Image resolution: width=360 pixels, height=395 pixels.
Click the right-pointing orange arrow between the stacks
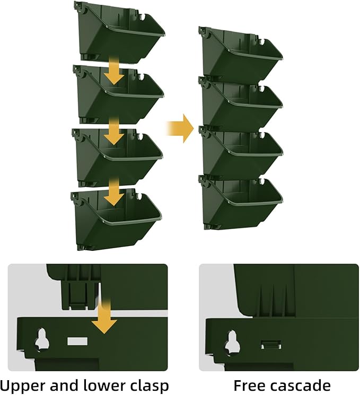click(x=180, y=128)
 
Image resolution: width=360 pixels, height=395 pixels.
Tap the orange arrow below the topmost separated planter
click(x=114, y=70)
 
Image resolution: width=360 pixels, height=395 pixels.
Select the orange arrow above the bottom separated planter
click(x=114, y=191)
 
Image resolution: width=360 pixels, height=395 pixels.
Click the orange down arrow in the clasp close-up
click(x=104, y=316)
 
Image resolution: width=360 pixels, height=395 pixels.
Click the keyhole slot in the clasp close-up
click(x=41, y=340)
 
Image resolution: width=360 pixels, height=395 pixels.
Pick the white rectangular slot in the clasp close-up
click(x=77, y=341)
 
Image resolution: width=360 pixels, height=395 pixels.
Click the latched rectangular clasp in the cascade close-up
click(x=271, y=345)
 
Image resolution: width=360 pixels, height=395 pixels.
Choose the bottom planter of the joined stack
click(x=241, y=201)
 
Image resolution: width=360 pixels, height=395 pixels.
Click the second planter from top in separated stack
click(x=118, y=94)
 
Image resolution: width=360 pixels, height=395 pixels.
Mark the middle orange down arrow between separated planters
click(x=114, y=131)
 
